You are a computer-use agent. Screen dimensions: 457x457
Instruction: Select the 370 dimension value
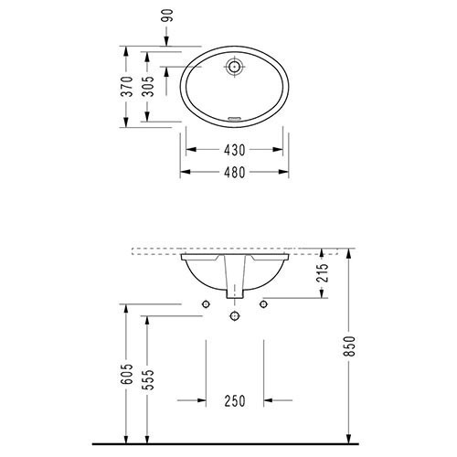127,87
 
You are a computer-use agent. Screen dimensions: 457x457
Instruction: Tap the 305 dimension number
148,86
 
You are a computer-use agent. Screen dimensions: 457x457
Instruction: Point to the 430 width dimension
234,150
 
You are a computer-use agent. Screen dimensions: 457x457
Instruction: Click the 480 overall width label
234,173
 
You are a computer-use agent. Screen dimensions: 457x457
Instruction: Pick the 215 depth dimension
323,273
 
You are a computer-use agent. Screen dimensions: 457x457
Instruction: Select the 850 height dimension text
350,346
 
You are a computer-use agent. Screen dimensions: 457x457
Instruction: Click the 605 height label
127,374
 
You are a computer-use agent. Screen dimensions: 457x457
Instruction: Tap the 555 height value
148,380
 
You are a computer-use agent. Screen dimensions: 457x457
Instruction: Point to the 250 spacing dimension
235,401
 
